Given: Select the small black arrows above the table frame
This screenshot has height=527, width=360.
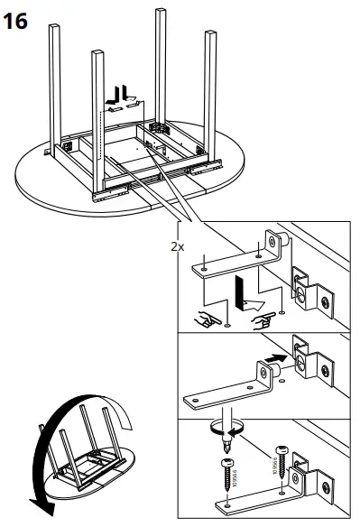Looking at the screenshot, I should pos(121,96).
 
